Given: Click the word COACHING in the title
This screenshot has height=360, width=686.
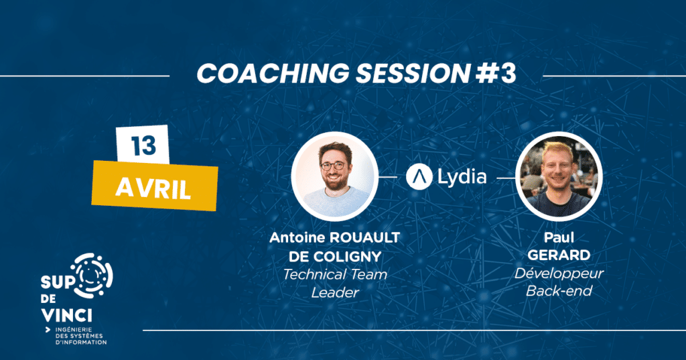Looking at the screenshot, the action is coord(273,73).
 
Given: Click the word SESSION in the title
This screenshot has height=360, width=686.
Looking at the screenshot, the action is coord(413,73).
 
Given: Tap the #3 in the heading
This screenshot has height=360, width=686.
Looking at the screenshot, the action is coord(496,73).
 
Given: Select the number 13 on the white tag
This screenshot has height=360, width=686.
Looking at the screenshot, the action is coord(143,146).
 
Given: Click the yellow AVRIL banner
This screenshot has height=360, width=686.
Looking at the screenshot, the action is coord(155,186).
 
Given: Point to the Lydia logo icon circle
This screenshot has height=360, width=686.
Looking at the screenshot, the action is coord(419,177).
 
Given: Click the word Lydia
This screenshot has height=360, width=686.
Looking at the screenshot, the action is coord(462,177).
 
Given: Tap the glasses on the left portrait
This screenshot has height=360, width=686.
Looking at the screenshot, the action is coord(334,166).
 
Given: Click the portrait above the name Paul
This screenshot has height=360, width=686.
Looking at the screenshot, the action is coord(559,176).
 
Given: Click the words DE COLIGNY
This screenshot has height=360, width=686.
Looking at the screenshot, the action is coord(335,257).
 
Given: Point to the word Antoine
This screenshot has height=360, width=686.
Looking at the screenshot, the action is coord(297,237).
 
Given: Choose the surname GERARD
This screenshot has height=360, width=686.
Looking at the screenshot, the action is coord(559,255).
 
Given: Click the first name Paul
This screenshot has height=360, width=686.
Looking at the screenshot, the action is coord(559,237).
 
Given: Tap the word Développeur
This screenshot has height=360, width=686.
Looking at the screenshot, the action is coord(559,274).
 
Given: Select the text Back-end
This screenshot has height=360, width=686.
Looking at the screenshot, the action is coord(559,291).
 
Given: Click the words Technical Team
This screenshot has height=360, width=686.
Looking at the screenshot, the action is coord(335,275).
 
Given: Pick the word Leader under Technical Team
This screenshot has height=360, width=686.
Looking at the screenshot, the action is coord(335,292).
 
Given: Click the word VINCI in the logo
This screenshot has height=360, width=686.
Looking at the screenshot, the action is coord(66,314).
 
